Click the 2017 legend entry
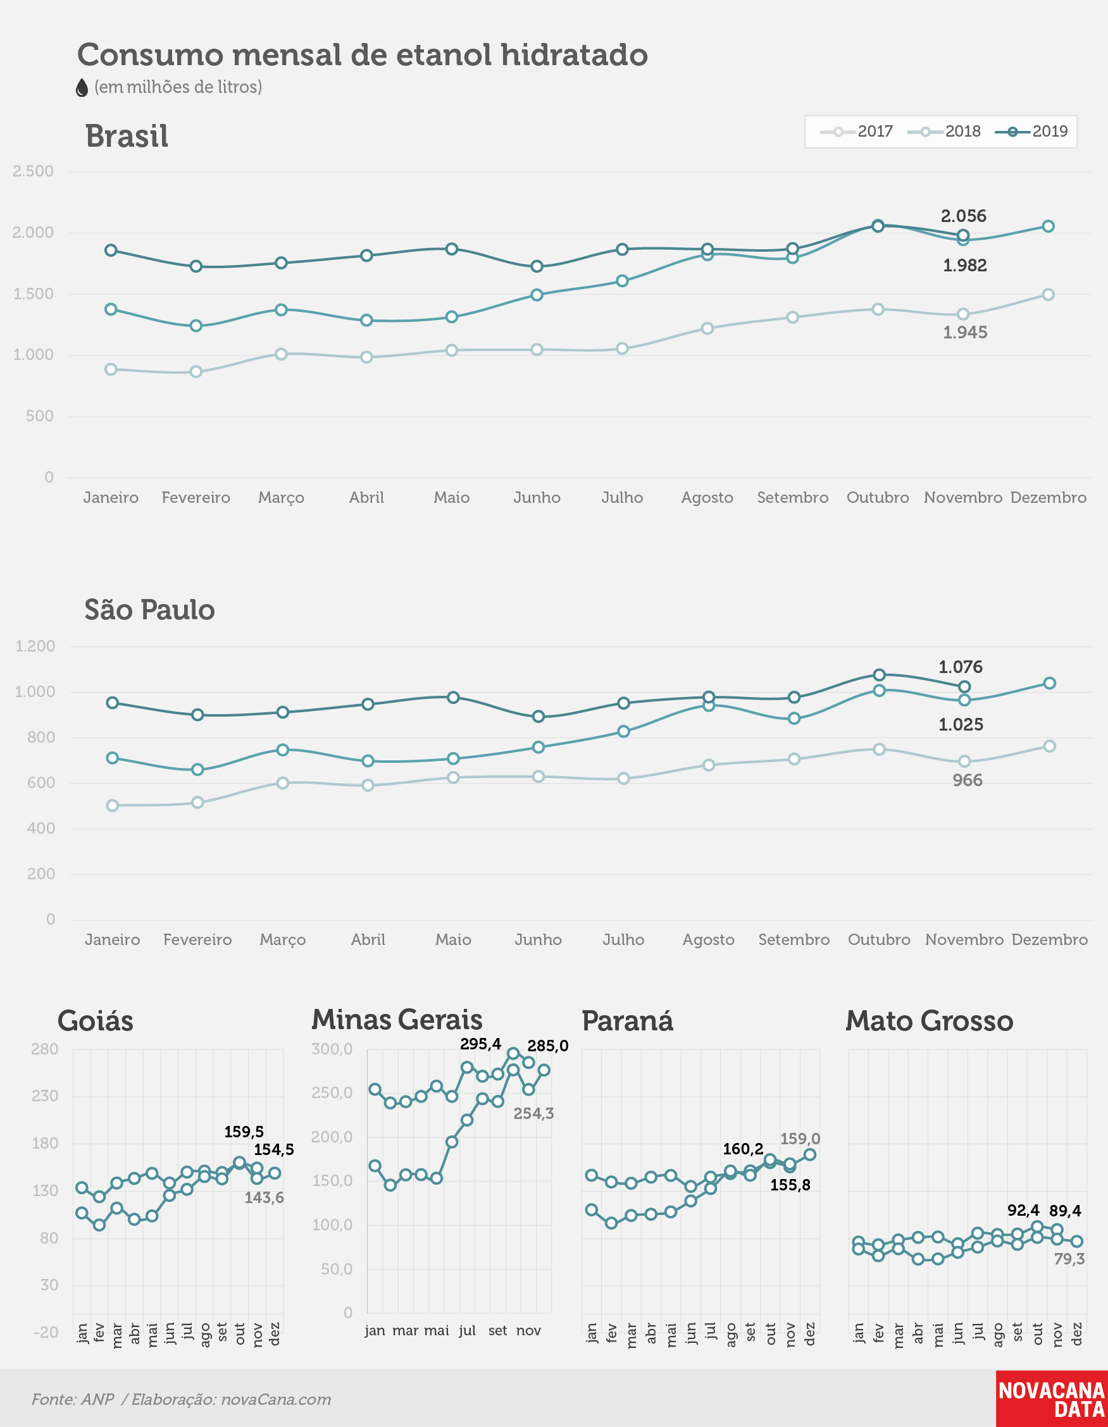click(x=856, y=132)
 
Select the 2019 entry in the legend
click(x=1031, y=132)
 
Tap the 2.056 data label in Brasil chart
click(x=964, y=216)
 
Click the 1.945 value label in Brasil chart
click(x=965, y=332)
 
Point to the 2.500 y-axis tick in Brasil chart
click(x=34, y=171)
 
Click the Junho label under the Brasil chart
click(x=537, y=497)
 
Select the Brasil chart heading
click(x=127, y=136)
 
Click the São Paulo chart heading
click(x=150, y=609)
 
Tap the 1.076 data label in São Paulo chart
click(x=961, y=667)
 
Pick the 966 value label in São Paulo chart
click(x=968, y=780)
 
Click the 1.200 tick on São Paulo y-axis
click(x=35, y=646)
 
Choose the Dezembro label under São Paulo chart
click(x=1050, y=939)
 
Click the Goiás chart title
click(x=96, y=1020)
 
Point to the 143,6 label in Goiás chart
click(x=264, y=1197)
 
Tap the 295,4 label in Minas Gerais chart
click(x=480, y=1044)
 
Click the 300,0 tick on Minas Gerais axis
click(x=332, y=1049)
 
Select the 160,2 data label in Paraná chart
click(x=744, y=1149)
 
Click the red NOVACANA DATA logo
click(x=1052, y=1399)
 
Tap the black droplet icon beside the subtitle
click(x=82, y=87)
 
